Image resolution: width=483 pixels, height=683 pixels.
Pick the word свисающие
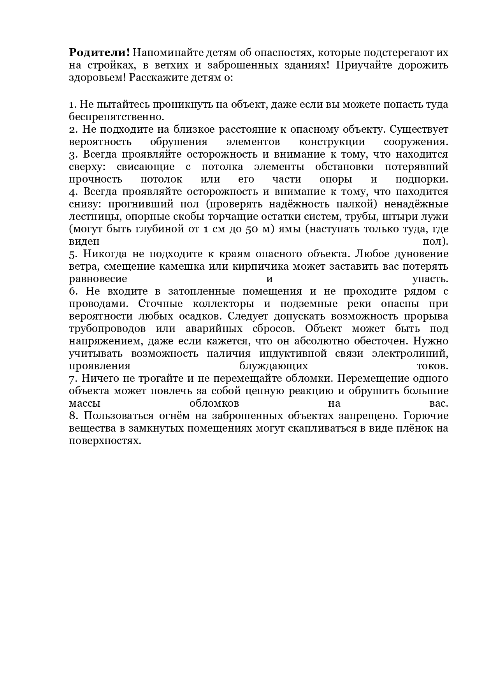coord(146,167)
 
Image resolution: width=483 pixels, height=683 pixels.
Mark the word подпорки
coord(422,179)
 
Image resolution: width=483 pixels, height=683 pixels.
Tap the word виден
coord(84,241)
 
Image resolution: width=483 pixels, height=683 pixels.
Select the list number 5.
coord(74,254)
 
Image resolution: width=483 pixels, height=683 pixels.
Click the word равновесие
coord(98,279)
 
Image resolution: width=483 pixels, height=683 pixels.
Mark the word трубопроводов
coord(107,328)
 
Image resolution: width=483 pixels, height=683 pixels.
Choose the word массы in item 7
coord(84,403)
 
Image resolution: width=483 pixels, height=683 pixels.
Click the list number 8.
coord(74,416)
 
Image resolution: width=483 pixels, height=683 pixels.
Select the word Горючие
coord(426,416)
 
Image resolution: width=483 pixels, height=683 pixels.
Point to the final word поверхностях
coord(104,441)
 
